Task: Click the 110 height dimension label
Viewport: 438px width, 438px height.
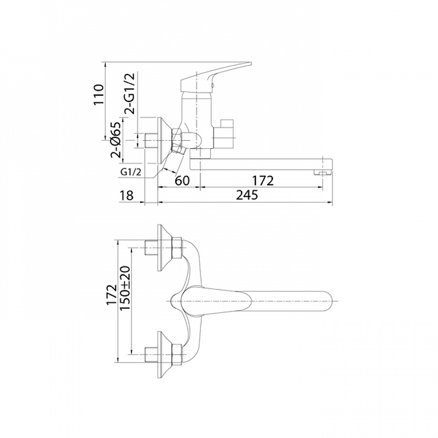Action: [x=99, y=94]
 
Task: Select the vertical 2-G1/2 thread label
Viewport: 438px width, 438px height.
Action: [x=129, y=94]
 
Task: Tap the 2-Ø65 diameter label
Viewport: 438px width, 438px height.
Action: [x=116, y=140]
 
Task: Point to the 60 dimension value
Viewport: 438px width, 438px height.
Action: [x=182, y=181]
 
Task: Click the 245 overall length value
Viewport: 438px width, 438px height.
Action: [x=247, y=195]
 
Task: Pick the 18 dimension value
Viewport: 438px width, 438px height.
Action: [x=126, y=195]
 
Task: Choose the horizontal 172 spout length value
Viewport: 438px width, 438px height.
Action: [x=263, y=181]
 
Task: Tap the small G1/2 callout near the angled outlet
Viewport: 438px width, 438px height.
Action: [x=131, y=172]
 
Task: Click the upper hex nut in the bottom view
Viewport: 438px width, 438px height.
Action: [x=177, y=247]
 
